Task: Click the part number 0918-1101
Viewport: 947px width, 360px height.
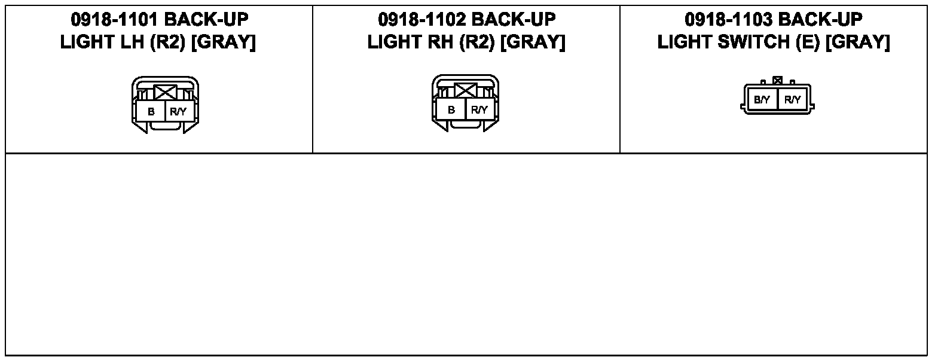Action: [114, 20]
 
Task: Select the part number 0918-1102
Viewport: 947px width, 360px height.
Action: [421, 20]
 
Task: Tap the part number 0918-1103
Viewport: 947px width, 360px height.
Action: [728, 20]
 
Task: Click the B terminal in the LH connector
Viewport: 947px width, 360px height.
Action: [151, 111]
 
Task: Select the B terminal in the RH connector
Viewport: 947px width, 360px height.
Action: [451, 110]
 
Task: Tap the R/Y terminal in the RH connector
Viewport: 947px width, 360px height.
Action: [479, 110]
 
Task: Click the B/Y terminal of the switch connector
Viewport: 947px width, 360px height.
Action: [762, 100]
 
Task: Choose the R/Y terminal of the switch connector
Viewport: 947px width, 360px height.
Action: [792, 100]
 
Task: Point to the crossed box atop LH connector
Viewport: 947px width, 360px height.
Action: [164, 92]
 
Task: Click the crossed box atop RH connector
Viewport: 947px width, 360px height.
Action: [465, 91]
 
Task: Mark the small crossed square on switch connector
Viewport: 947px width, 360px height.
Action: [777, 80]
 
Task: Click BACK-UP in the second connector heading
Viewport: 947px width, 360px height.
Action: [514, 20]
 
